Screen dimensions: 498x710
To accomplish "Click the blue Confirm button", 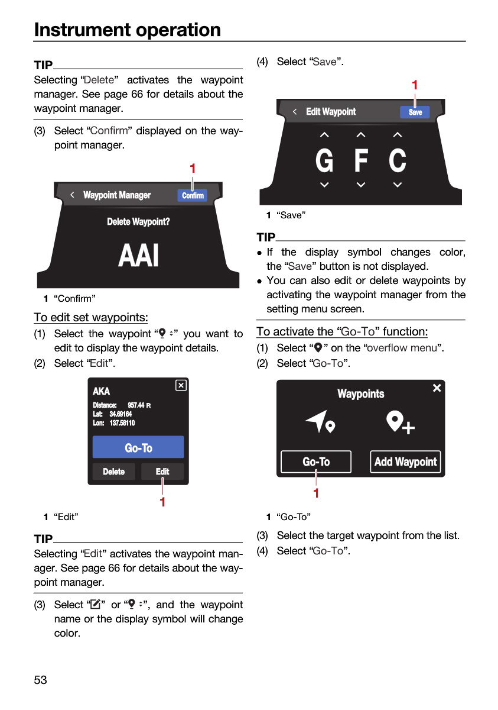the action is coord(193,196).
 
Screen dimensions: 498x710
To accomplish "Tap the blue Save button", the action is coord(415,112).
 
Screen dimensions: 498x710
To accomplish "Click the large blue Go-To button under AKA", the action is coord(138,447).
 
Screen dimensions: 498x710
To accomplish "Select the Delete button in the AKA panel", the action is coord(113,472).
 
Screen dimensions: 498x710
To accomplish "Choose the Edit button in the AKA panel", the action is coord(162,472).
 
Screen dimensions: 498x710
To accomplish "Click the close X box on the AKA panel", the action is coord(181,385).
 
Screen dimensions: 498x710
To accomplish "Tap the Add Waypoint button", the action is coord(405,462).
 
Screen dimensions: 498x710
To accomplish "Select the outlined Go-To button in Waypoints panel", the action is coord(316,462).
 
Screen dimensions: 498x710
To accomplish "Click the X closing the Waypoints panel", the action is coord(437,388).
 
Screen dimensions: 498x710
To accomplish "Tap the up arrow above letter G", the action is coord(324,135).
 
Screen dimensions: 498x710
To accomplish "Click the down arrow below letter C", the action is coord(398,185).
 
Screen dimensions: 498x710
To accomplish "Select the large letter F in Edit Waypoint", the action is coord(361,160).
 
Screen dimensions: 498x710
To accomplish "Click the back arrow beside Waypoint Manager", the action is coord(73,195).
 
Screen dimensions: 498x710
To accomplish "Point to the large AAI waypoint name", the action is coord(138,256).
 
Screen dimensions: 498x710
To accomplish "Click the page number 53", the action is coord(40,680).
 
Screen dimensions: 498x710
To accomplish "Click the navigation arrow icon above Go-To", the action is coord(320,421).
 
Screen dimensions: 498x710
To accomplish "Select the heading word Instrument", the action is coord(82,30).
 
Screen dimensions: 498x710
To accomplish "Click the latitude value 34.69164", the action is coord(121,414).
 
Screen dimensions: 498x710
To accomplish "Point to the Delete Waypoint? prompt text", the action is coord(138,221).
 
